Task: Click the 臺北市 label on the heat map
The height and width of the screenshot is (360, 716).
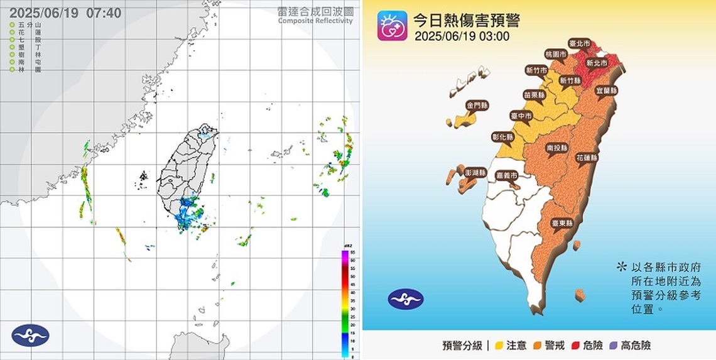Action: tap(579, 44)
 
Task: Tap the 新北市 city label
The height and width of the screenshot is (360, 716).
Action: tap(596, 63)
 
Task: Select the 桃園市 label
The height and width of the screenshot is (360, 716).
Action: tap(556, 55)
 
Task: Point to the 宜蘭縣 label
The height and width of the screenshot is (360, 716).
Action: tap(606, 90)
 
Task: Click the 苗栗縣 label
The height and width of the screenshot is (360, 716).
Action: tap(534, 95)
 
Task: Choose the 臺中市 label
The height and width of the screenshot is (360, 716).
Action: tap(521, 116)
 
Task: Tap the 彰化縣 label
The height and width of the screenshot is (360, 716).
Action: tap(502, 136)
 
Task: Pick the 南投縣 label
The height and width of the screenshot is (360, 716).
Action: tap(557, 148)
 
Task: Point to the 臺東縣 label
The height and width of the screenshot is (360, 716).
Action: tap(562, 223)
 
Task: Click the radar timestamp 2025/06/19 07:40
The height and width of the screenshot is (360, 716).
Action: tap(66, 13)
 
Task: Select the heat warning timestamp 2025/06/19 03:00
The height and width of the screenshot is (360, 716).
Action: tap(462, 36)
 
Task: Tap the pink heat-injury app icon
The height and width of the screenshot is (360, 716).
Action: tap(392, 26)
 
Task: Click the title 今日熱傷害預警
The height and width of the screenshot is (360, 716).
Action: tap(466, 19)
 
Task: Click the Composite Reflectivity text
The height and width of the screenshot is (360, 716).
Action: tap(315, 21)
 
